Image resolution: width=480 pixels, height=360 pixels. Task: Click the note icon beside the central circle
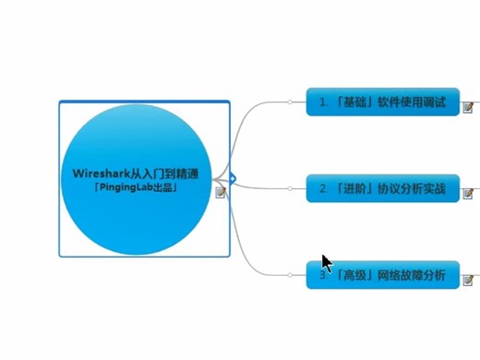pos(220,192)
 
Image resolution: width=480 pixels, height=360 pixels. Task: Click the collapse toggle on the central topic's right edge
pos(234,178)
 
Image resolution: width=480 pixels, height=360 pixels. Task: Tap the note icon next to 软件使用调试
pos(468,108)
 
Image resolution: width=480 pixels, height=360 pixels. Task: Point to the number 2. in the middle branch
pos(324,189)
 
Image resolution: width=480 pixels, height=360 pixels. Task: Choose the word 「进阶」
pos(355,189)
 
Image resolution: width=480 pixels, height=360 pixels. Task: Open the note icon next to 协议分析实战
pos(468,193)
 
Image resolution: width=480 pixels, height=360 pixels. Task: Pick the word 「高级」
pos(355,275)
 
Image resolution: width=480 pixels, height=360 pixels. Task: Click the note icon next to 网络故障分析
pos(468,279)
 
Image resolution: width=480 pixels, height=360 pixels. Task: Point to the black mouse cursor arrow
pos(326,262)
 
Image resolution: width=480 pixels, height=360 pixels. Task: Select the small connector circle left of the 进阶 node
pos(289,189)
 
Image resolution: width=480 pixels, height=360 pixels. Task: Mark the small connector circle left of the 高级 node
pos(289,275)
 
